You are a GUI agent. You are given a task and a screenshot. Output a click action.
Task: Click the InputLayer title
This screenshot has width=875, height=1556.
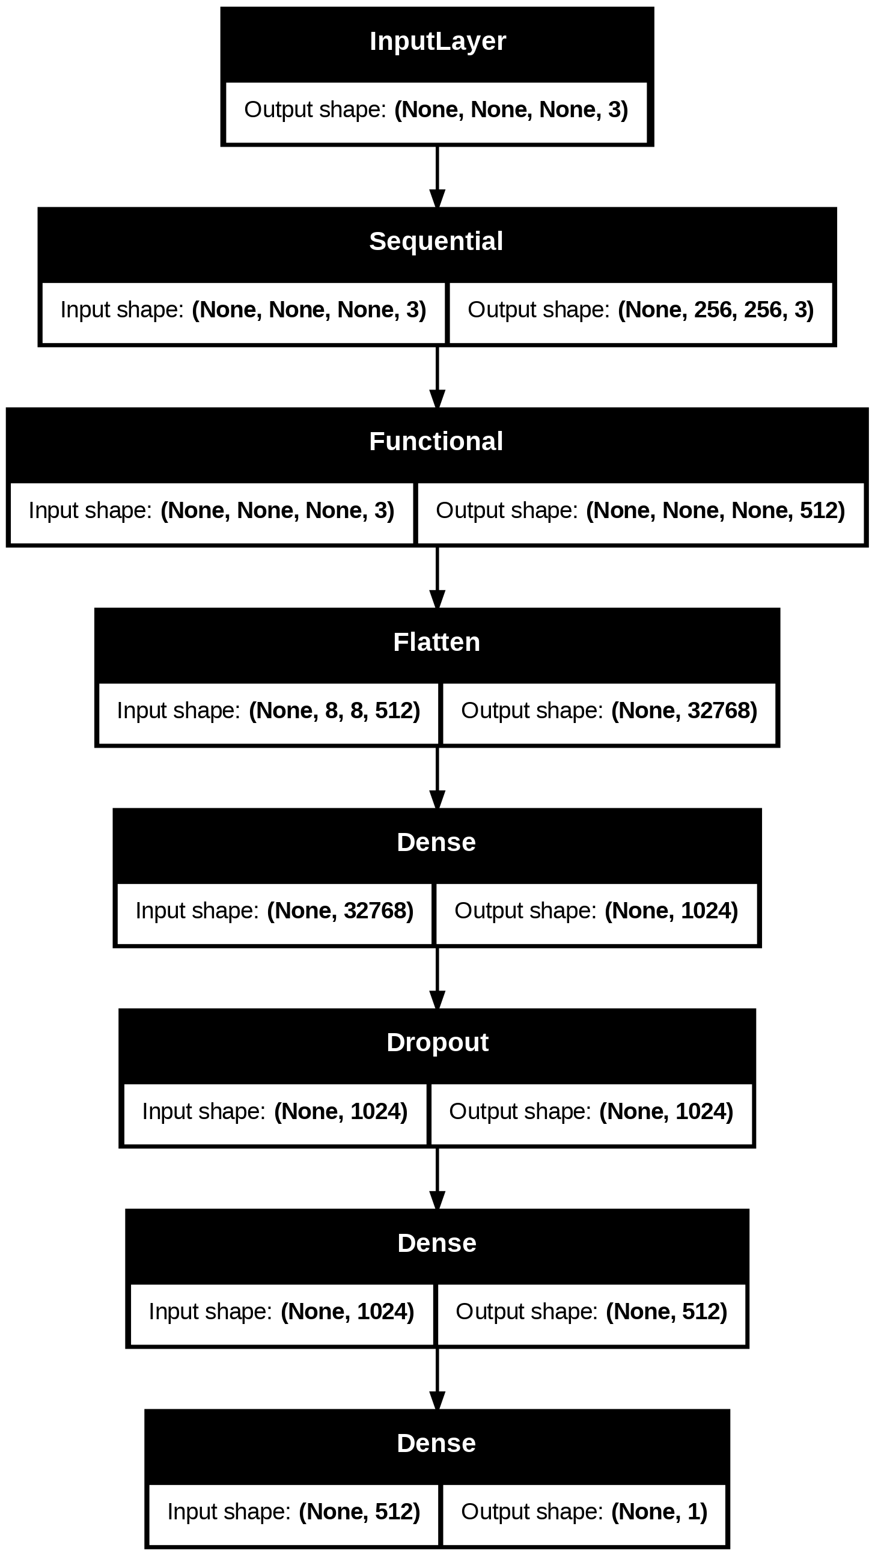point(437,41)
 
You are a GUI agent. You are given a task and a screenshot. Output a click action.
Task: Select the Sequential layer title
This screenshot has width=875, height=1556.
point(436,242)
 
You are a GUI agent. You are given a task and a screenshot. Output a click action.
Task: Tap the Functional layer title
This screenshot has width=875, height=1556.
point(436,442)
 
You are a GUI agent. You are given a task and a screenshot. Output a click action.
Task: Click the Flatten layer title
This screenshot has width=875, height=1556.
point(436,642)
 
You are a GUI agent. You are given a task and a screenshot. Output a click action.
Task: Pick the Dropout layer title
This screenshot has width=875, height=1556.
point(437,1043)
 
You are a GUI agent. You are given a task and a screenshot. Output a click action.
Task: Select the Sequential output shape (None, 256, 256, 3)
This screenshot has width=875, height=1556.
point(641,310)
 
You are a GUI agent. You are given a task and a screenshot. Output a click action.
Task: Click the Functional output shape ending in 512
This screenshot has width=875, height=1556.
point(640,510)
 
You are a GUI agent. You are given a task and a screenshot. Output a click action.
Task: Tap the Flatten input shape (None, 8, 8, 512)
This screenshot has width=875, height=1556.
point(268,711)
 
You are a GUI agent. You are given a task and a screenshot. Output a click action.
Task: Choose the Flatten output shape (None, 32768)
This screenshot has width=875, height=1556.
point(609,711)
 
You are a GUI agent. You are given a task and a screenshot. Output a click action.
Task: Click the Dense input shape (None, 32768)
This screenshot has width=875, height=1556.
point(274,911)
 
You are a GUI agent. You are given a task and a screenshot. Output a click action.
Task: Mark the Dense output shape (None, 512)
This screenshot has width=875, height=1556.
point(591,1312)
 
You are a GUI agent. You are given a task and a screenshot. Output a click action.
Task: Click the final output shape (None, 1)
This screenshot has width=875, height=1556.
point(584,1512)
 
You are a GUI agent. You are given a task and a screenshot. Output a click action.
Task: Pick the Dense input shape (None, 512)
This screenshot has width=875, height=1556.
point(293,1512)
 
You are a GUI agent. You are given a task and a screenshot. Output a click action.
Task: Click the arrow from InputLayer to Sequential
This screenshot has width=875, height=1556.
point(437,177)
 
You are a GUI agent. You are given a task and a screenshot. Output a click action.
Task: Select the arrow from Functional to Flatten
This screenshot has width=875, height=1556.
point(437,578)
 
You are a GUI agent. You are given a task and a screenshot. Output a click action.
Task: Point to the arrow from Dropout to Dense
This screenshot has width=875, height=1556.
point(437,1179)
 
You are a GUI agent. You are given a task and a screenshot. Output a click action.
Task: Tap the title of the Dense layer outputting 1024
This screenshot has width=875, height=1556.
point(436,843)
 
